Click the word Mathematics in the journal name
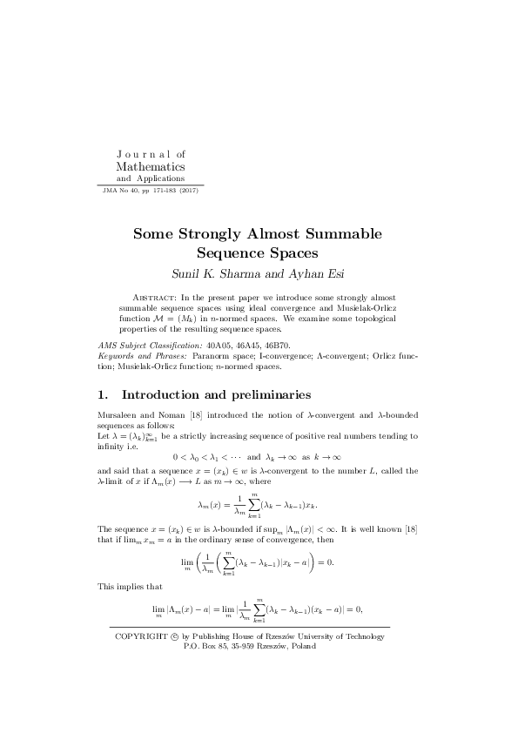click(151, 165)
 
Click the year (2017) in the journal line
click(185, 190)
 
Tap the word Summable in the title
click(342, 234)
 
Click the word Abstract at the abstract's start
click(156, 297)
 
